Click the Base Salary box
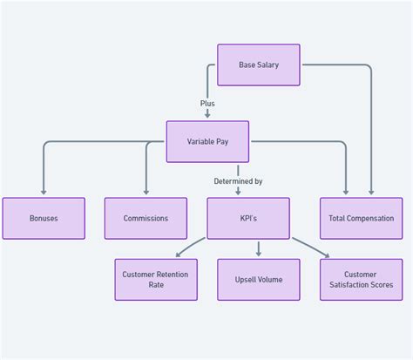coord(258,65)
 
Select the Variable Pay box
coord(207,141)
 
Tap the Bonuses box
coord(44,218)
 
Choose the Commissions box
coord(146,218)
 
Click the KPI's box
coord(248,218)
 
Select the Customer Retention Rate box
coord(156,280)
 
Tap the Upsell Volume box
coord(258,280)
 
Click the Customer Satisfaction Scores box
coord(361,280)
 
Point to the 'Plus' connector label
coord(207,104)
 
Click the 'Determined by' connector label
coord(238,181)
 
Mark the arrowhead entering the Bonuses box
coord(44,194)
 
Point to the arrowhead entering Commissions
coord(146,194)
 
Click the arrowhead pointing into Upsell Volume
coord(258,255)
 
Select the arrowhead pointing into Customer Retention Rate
coord(178,255)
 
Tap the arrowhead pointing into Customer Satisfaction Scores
coord(327,255)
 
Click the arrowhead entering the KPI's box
coord(238,194)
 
